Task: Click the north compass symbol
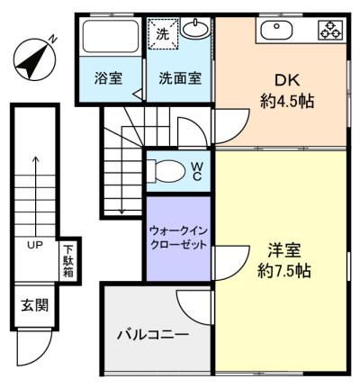[35, 59]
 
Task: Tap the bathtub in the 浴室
[111, 36]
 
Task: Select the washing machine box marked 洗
[164, 33]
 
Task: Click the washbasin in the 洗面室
[195, 29]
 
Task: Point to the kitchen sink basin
[276, 31]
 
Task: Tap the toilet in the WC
[166, 171]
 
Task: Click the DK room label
[287, 80]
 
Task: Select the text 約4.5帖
[287, 101]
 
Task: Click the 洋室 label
[284, 250]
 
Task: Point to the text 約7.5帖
[284, 271]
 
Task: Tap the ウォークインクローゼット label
[178, 238]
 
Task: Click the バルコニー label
[153, 334]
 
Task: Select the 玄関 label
[34, 305]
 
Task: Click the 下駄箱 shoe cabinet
[69, 261]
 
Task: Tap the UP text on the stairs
[35, 245]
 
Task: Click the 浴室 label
[108, 78]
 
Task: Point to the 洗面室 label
[180, 78]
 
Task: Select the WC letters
[196, 171]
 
